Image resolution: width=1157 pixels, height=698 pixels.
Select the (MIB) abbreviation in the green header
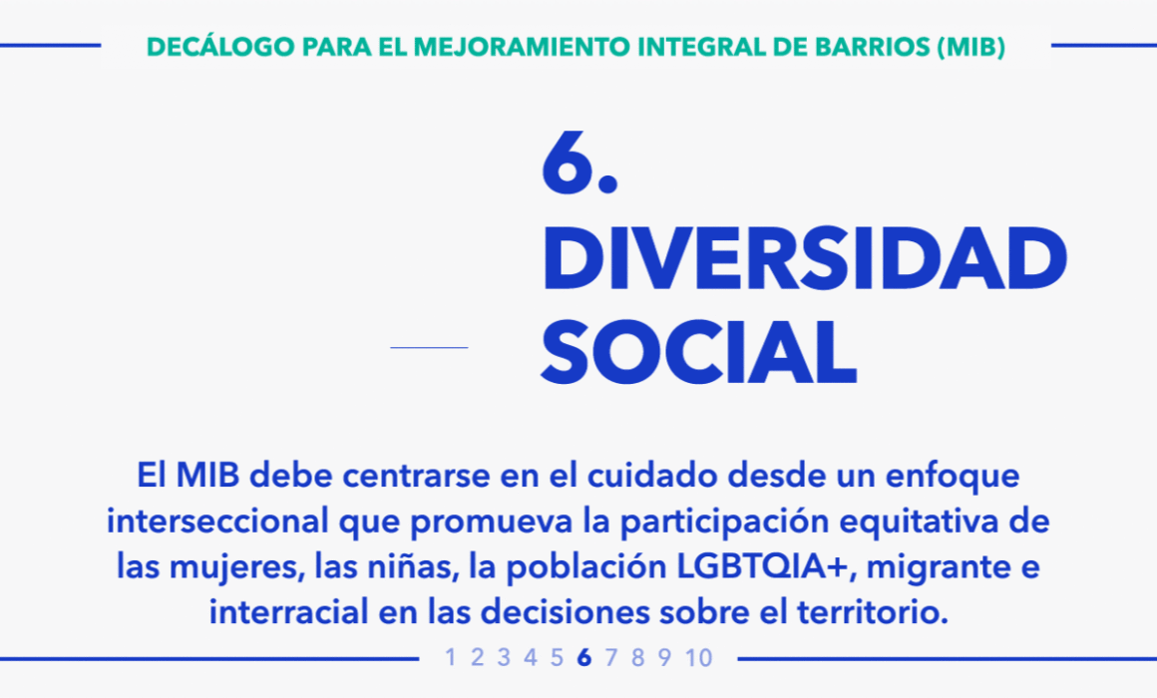(x=971, y=47)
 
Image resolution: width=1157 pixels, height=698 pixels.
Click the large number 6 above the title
(x=569, y=164)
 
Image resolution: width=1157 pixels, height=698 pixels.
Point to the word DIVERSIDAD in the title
(x=804, y=259)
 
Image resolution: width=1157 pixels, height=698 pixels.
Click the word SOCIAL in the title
(x=699, y=353)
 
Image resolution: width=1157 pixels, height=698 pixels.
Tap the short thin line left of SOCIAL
(x=429, y=347)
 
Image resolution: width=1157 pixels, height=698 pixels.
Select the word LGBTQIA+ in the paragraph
(x=766, y=566)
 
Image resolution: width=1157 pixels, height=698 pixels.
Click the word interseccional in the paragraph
(x=217, y=521)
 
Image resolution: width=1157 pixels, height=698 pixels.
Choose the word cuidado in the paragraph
(x=652, y=476)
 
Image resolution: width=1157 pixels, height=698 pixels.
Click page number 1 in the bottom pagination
(x=450, y=657)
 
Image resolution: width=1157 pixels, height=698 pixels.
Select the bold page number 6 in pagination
(x=584, y=657)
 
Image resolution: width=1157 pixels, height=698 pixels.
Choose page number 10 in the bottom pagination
(x=698, y=657)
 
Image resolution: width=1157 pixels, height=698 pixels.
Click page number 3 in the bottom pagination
(x=504, y=657)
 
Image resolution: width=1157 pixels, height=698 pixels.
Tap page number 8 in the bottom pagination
(x=637, y=657)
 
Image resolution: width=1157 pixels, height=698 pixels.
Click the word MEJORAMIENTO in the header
(x=522, y=47)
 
